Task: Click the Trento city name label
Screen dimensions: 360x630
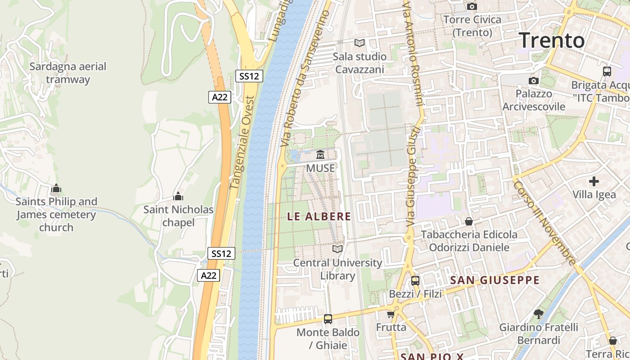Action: [x=552, y=40]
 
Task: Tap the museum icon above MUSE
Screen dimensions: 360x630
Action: [x=320, y=155]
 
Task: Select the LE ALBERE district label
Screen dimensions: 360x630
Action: [x=319, y=216]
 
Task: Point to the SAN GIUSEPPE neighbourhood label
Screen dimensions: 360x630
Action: [x=495, y=280]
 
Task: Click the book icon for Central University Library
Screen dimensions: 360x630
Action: [x=337, y=249]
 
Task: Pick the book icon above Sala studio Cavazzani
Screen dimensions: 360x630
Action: [x=359, y=43]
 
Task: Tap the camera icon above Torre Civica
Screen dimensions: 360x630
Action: [x=472, y=6]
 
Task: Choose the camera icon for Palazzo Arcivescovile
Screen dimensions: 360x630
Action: [x=534, y=81]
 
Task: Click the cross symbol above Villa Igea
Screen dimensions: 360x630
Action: [x=594, y=181]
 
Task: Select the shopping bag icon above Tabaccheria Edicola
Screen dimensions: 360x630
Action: [x=469, y=221]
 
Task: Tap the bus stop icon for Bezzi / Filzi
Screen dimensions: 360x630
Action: [x=415, y=281]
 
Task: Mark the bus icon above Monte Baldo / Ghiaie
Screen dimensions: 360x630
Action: [x=328, y=319]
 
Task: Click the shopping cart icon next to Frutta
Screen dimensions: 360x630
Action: [x=391, y=314]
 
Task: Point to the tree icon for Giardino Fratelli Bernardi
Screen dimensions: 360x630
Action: [x=538, y=314]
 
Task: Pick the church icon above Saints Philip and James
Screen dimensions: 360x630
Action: [x=56, y=188]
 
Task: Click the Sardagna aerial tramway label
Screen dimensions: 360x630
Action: [x=68, y=73]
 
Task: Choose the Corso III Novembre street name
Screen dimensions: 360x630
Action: [x=544, y=223]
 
